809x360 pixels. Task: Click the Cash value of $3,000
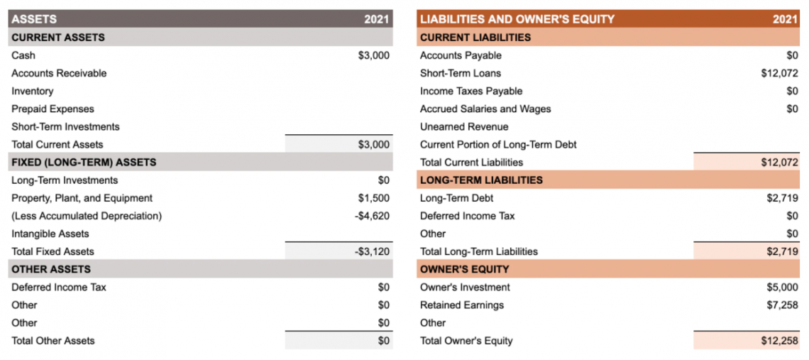[373, 55]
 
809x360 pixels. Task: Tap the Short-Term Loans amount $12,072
[779, 73]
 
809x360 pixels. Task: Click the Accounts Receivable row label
[59, 73]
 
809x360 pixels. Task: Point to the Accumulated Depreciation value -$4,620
[372, 216]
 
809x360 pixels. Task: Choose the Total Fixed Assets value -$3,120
[372, 251]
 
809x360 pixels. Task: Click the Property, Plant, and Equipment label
[82, 198]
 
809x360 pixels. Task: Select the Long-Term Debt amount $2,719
[782, 198]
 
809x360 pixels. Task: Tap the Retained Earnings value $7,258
[782, 305]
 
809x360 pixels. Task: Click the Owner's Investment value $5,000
[782, 288]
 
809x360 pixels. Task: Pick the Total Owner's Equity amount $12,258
[779, 341]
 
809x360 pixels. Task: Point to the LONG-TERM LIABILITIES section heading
[481, 180]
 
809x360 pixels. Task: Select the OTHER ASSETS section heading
[51, 269]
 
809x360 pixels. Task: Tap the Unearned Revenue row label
[464, 127]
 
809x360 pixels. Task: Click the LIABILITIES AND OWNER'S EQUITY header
[517, 19]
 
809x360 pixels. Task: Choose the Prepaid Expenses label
[53, 109]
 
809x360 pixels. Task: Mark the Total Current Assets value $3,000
[373, 145]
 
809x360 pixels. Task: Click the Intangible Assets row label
[50, 234]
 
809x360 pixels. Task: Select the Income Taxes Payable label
[471, 91]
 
